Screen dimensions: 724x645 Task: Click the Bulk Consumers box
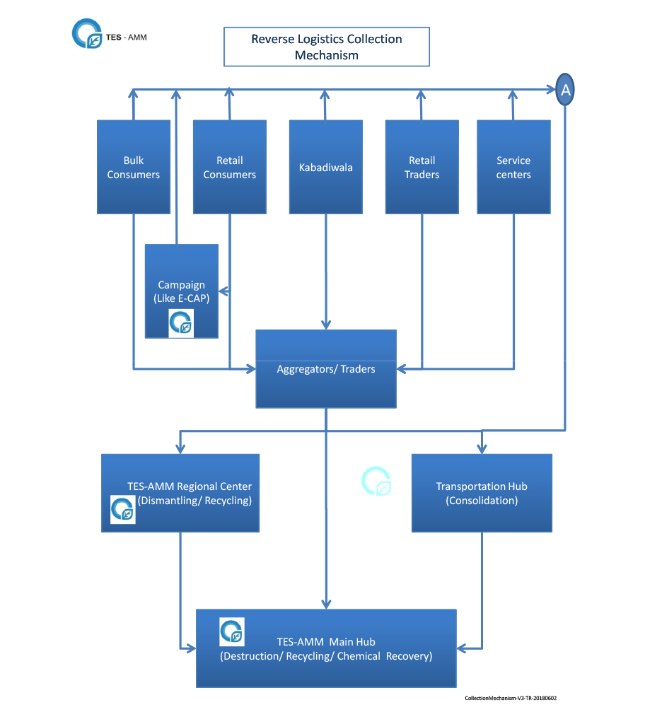(x=134, y=167)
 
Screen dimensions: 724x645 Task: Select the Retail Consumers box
(x=230, y=167)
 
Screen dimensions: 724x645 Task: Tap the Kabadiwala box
(x=326, y=167)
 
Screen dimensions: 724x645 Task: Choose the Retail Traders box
(x=422, y=167)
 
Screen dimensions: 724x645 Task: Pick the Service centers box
(x=513, y=167)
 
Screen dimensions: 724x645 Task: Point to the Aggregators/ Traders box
(x=326, y=368)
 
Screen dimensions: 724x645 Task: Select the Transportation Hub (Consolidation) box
(x=482, y=493)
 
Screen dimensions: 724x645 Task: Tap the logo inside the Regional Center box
(x=123, y=510)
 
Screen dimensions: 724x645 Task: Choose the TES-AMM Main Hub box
(x=326, y=648)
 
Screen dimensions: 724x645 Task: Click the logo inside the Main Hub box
(x=232, y=631)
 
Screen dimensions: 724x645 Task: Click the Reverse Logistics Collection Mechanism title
(x=327, y=47)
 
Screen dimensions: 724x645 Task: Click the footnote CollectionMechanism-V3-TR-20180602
(x=511, y=699)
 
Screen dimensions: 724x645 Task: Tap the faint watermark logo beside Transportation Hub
(x=376, y=481)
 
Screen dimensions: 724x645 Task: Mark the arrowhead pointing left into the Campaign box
(x=223, y=291)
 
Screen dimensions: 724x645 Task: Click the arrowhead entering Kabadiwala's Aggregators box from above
(x=326, y=325)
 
